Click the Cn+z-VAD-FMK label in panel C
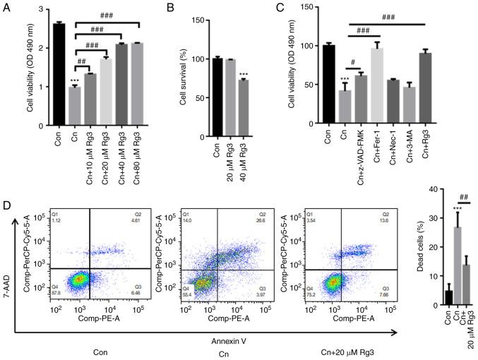click(361, 149)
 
